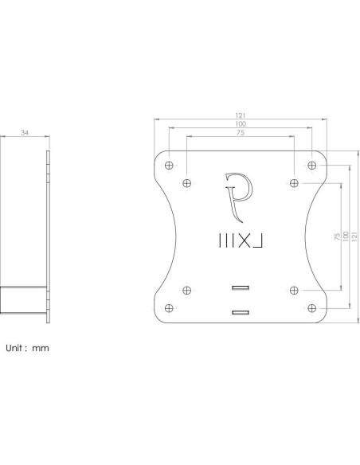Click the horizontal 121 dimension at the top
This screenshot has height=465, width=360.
pos(241,116)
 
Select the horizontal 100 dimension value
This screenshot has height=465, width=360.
pos(241,124)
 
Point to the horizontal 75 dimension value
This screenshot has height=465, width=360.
pos(241,133)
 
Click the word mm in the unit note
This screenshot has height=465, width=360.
pos(41,348)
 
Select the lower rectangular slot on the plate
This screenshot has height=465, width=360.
pos(241,311)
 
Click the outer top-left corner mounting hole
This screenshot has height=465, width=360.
pos(168,166)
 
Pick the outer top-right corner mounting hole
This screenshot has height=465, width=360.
pos(312,166)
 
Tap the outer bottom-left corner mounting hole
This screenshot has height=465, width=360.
pos(168,306)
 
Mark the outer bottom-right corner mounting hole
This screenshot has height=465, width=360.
pos(312,306)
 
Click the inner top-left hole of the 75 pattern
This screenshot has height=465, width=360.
pos(186,183)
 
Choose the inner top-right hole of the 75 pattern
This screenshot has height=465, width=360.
pos(294,183)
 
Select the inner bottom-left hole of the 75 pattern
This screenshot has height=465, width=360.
pos(186,288)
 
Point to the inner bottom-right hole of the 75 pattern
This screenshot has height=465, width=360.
pos(294,288)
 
